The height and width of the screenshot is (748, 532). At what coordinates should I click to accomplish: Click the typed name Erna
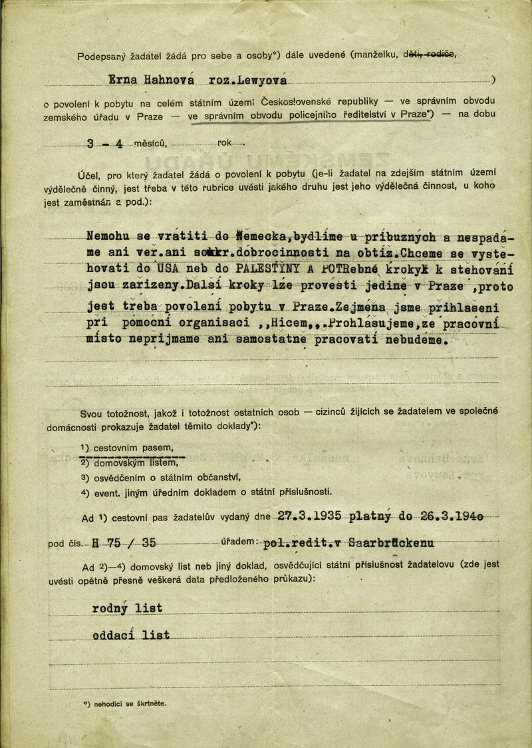pyautogui.click(x=122, y=80)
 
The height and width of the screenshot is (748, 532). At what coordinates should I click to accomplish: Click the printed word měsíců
pyautogui.click(x=150, y=142)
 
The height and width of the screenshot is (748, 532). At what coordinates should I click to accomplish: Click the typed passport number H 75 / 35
pyautogui.click(x=126, y=543)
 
